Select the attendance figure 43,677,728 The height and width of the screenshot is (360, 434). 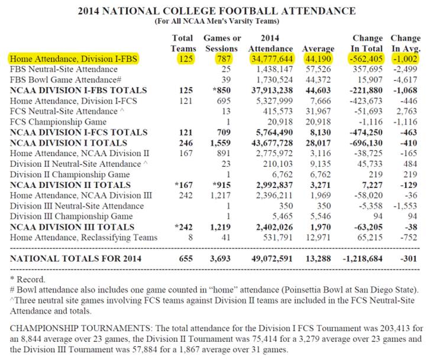click(270, 142)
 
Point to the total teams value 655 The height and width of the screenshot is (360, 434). click(186, 258)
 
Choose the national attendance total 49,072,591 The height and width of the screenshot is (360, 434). click(270, 258)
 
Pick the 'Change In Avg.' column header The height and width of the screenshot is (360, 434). click(405, 43)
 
